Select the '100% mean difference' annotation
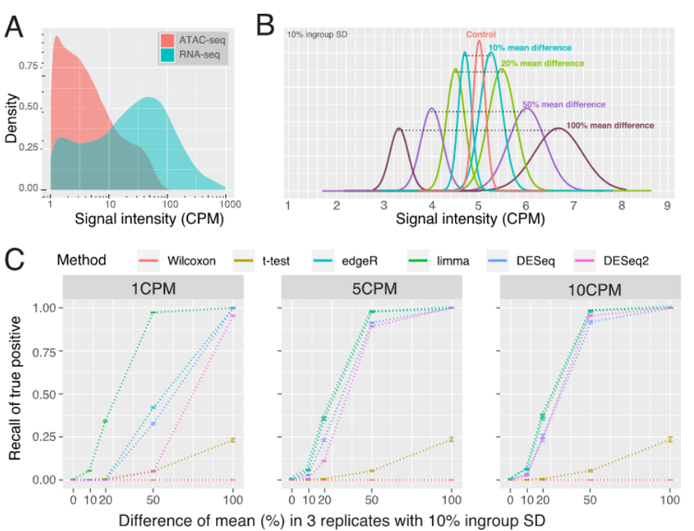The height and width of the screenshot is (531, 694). pyautogui.click(x=609, y=125)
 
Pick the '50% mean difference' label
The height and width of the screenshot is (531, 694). pyautogui.click(x=564, y=104)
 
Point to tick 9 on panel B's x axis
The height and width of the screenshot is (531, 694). pyautogui.click(x=668, y=205)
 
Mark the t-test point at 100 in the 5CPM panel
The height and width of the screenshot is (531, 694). pyautogui.click(x=452, y=439)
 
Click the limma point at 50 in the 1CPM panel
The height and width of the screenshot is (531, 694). pyautogui.click(x=153, y=312)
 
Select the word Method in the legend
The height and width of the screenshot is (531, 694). pyautogui.click(x=81, y=260)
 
